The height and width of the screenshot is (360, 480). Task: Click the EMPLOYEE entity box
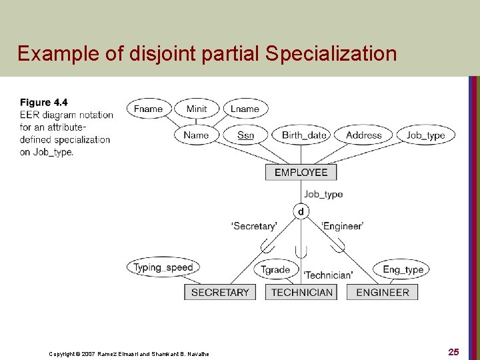tap(301, 172)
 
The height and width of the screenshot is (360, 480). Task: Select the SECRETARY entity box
tap(220, 292)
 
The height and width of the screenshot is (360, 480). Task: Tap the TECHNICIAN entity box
tap(302, 292)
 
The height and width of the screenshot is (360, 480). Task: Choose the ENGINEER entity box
tap(383, 292)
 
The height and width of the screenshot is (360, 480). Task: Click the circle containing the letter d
tap(301, 211)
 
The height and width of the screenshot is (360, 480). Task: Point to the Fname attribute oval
tap(149, 109)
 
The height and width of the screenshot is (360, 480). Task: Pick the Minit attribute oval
tap(197, 109)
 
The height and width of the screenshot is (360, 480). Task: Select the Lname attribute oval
tap(245, 109)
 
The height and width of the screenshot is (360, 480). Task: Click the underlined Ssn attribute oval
tap(245, 135)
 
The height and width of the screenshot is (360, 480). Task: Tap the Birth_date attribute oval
tap(304, 135)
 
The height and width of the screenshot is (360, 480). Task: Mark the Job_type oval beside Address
tap(425, 135)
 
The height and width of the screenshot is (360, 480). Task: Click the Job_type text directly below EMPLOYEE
tap(323, 194)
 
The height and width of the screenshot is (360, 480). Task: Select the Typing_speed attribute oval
tap(163, 267)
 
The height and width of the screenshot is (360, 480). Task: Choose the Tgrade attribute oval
tap(275, 269)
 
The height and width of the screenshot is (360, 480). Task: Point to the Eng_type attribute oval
tap(403, 269)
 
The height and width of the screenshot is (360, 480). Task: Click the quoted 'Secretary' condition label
tap(254, 226)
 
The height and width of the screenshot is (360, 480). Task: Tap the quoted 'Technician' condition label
tap(328, 275)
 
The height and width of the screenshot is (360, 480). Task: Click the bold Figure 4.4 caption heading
tap(44, 102)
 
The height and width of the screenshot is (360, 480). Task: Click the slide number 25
tap(453, 351)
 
